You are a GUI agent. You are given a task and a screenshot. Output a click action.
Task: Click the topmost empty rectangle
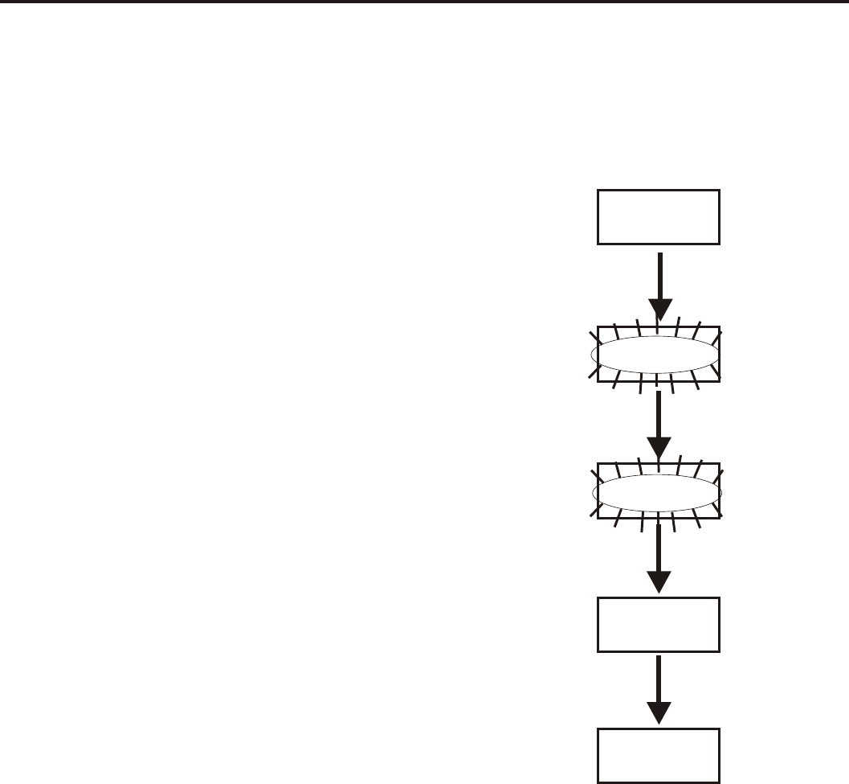tap(659, 216)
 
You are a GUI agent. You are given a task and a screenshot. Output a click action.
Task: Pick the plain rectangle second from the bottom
tap(659, 624)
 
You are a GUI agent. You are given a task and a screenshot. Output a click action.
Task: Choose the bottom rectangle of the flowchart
tap(659, 755)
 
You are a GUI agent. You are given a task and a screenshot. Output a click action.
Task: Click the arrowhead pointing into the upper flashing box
tap(659, 310)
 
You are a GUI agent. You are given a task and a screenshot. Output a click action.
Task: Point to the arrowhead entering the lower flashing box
tap(659, 446)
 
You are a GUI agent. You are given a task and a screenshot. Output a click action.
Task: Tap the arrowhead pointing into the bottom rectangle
tap(659, 712)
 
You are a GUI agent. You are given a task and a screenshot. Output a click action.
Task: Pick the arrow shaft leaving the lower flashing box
tap(659, 547)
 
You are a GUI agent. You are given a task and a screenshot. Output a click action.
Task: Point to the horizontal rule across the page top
tap(424, 2)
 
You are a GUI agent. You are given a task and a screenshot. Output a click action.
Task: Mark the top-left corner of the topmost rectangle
tap(598, 191)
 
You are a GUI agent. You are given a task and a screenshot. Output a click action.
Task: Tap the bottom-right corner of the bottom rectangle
tap(719, 782)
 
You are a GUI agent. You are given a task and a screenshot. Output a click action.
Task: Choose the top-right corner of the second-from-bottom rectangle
tap(719, 598)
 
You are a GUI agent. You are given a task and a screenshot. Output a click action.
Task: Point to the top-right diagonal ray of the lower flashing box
tap(719, 470)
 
